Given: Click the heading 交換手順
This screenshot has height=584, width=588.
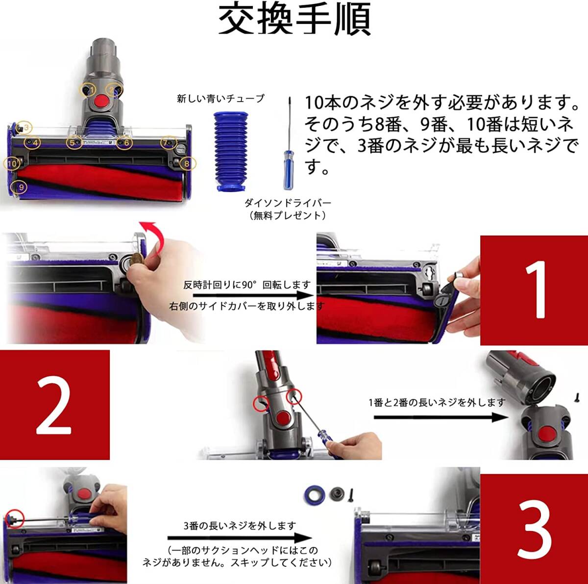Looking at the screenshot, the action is pyautogui.click(x=295, y=19).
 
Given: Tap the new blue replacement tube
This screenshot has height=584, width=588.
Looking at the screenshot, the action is pyautogui.click(x=229, y=151).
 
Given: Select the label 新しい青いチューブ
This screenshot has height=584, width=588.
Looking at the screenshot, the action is pyautogui.click(x=220, y=99).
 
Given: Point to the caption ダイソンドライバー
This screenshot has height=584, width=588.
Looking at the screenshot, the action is pyautogui.click(x=288, y=203).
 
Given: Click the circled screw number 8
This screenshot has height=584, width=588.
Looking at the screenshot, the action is pyautogui.click(x=187, y=164).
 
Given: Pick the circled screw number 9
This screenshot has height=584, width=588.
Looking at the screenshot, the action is pyautogui.click(x=21, y=187).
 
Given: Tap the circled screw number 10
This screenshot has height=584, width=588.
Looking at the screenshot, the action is pyautogui.click(x=12, y=164).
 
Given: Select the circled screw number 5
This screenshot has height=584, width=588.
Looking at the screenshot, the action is pyautogui.click(x=73, y=142).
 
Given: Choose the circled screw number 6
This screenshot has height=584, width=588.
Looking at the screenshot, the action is pyautogui.click(x=124, y=142).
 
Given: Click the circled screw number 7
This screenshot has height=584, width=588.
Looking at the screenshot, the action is pyautogui.click(x=169, y=142).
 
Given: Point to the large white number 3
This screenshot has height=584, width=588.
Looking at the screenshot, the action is pyautogui.click(x=535, y=528).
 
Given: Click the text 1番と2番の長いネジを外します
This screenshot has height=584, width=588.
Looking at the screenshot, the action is pyautogui.click(x=437, y=403).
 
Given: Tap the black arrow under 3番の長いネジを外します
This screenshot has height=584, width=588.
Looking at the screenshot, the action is pyautogui.click(x=240, y=538).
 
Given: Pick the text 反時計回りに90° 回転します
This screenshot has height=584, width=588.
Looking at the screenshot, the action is pyautogui.click(x=247, y=285).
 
